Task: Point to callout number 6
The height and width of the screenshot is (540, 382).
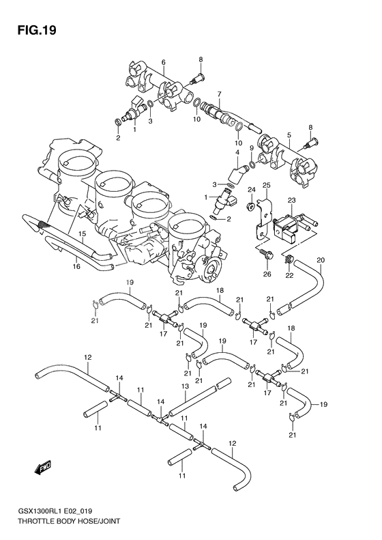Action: coord(164,62)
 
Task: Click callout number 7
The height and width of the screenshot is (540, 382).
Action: coord(218,94)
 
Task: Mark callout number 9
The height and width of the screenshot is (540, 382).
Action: coord(250,149)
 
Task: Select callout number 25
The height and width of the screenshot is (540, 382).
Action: coord(267,186)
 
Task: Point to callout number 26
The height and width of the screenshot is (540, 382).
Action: coord(267,274)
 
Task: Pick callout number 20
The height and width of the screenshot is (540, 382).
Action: coord(321,259)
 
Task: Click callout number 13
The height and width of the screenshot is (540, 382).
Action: coord(184,387)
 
